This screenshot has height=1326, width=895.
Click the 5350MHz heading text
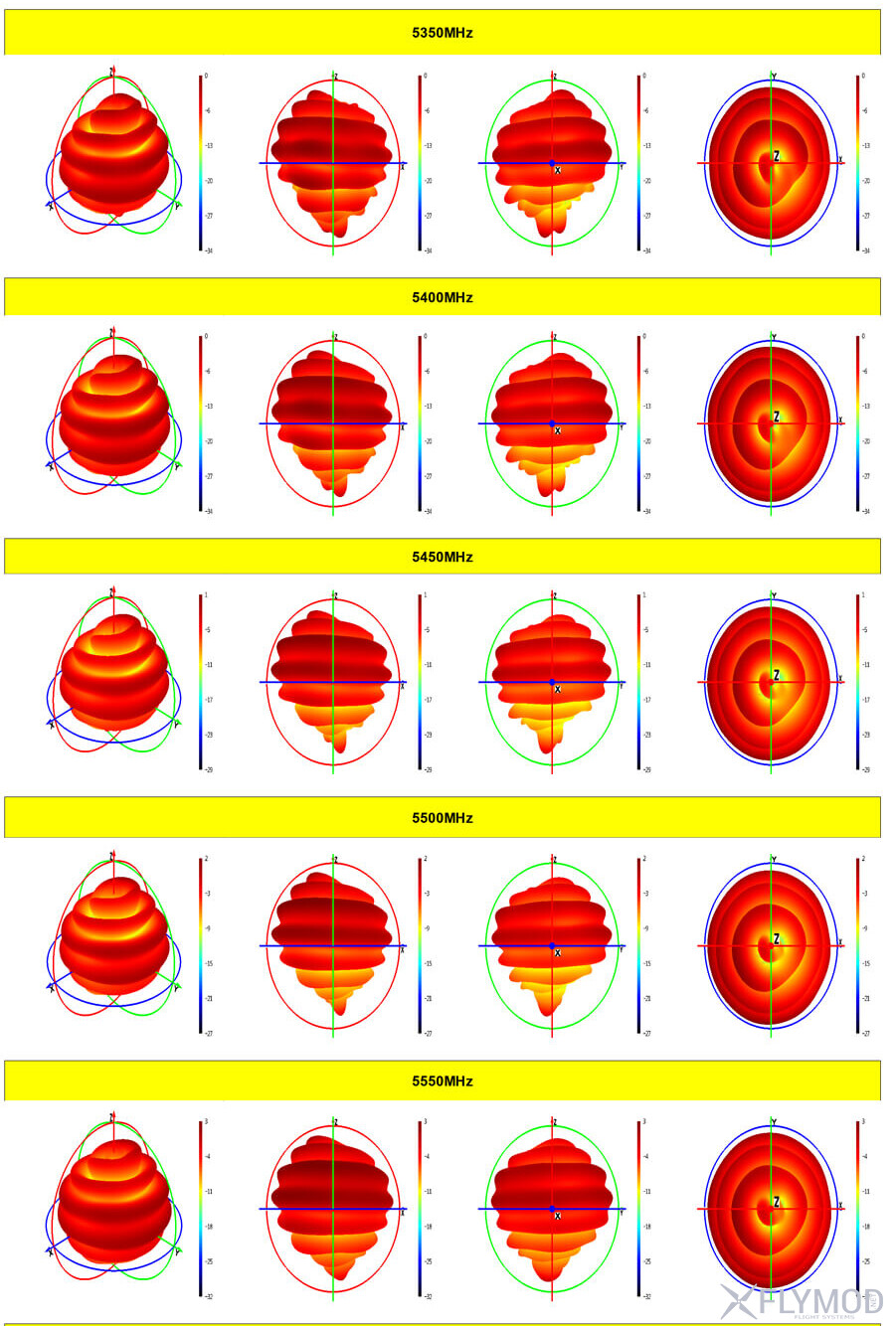coord(443,33)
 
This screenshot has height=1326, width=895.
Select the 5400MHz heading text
coord(443,297)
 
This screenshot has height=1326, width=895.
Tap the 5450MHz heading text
coord(443,557)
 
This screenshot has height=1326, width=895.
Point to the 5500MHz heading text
coord(443,818)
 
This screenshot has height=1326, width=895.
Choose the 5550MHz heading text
coord(443,1080)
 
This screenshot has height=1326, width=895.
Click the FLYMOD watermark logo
coord(802,1301)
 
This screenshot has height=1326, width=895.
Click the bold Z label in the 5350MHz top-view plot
coord(777,156)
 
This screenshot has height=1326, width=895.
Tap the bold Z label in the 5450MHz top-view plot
coord(777,676)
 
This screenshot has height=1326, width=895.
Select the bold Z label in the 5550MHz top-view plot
coord(777,1202)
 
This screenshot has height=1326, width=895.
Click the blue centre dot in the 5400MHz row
coord(552,423)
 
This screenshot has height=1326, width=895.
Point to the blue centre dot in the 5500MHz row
coord(552,945)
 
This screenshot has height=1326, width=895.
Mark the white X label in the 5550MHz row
coord(558,1216)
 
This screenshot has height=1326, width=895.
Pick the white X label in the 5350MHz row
coord(558,170)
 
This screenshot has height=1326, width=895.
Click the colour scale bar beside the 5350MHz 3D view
coord(200,162)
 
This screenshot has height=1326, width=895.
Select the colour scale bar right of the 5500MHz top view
coord(857,945)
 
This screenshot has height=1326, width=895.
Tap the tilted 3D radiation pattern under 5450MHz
coord(114,671)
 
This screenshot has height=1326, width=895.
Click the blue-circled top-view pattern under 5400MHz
coord(769,424)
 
